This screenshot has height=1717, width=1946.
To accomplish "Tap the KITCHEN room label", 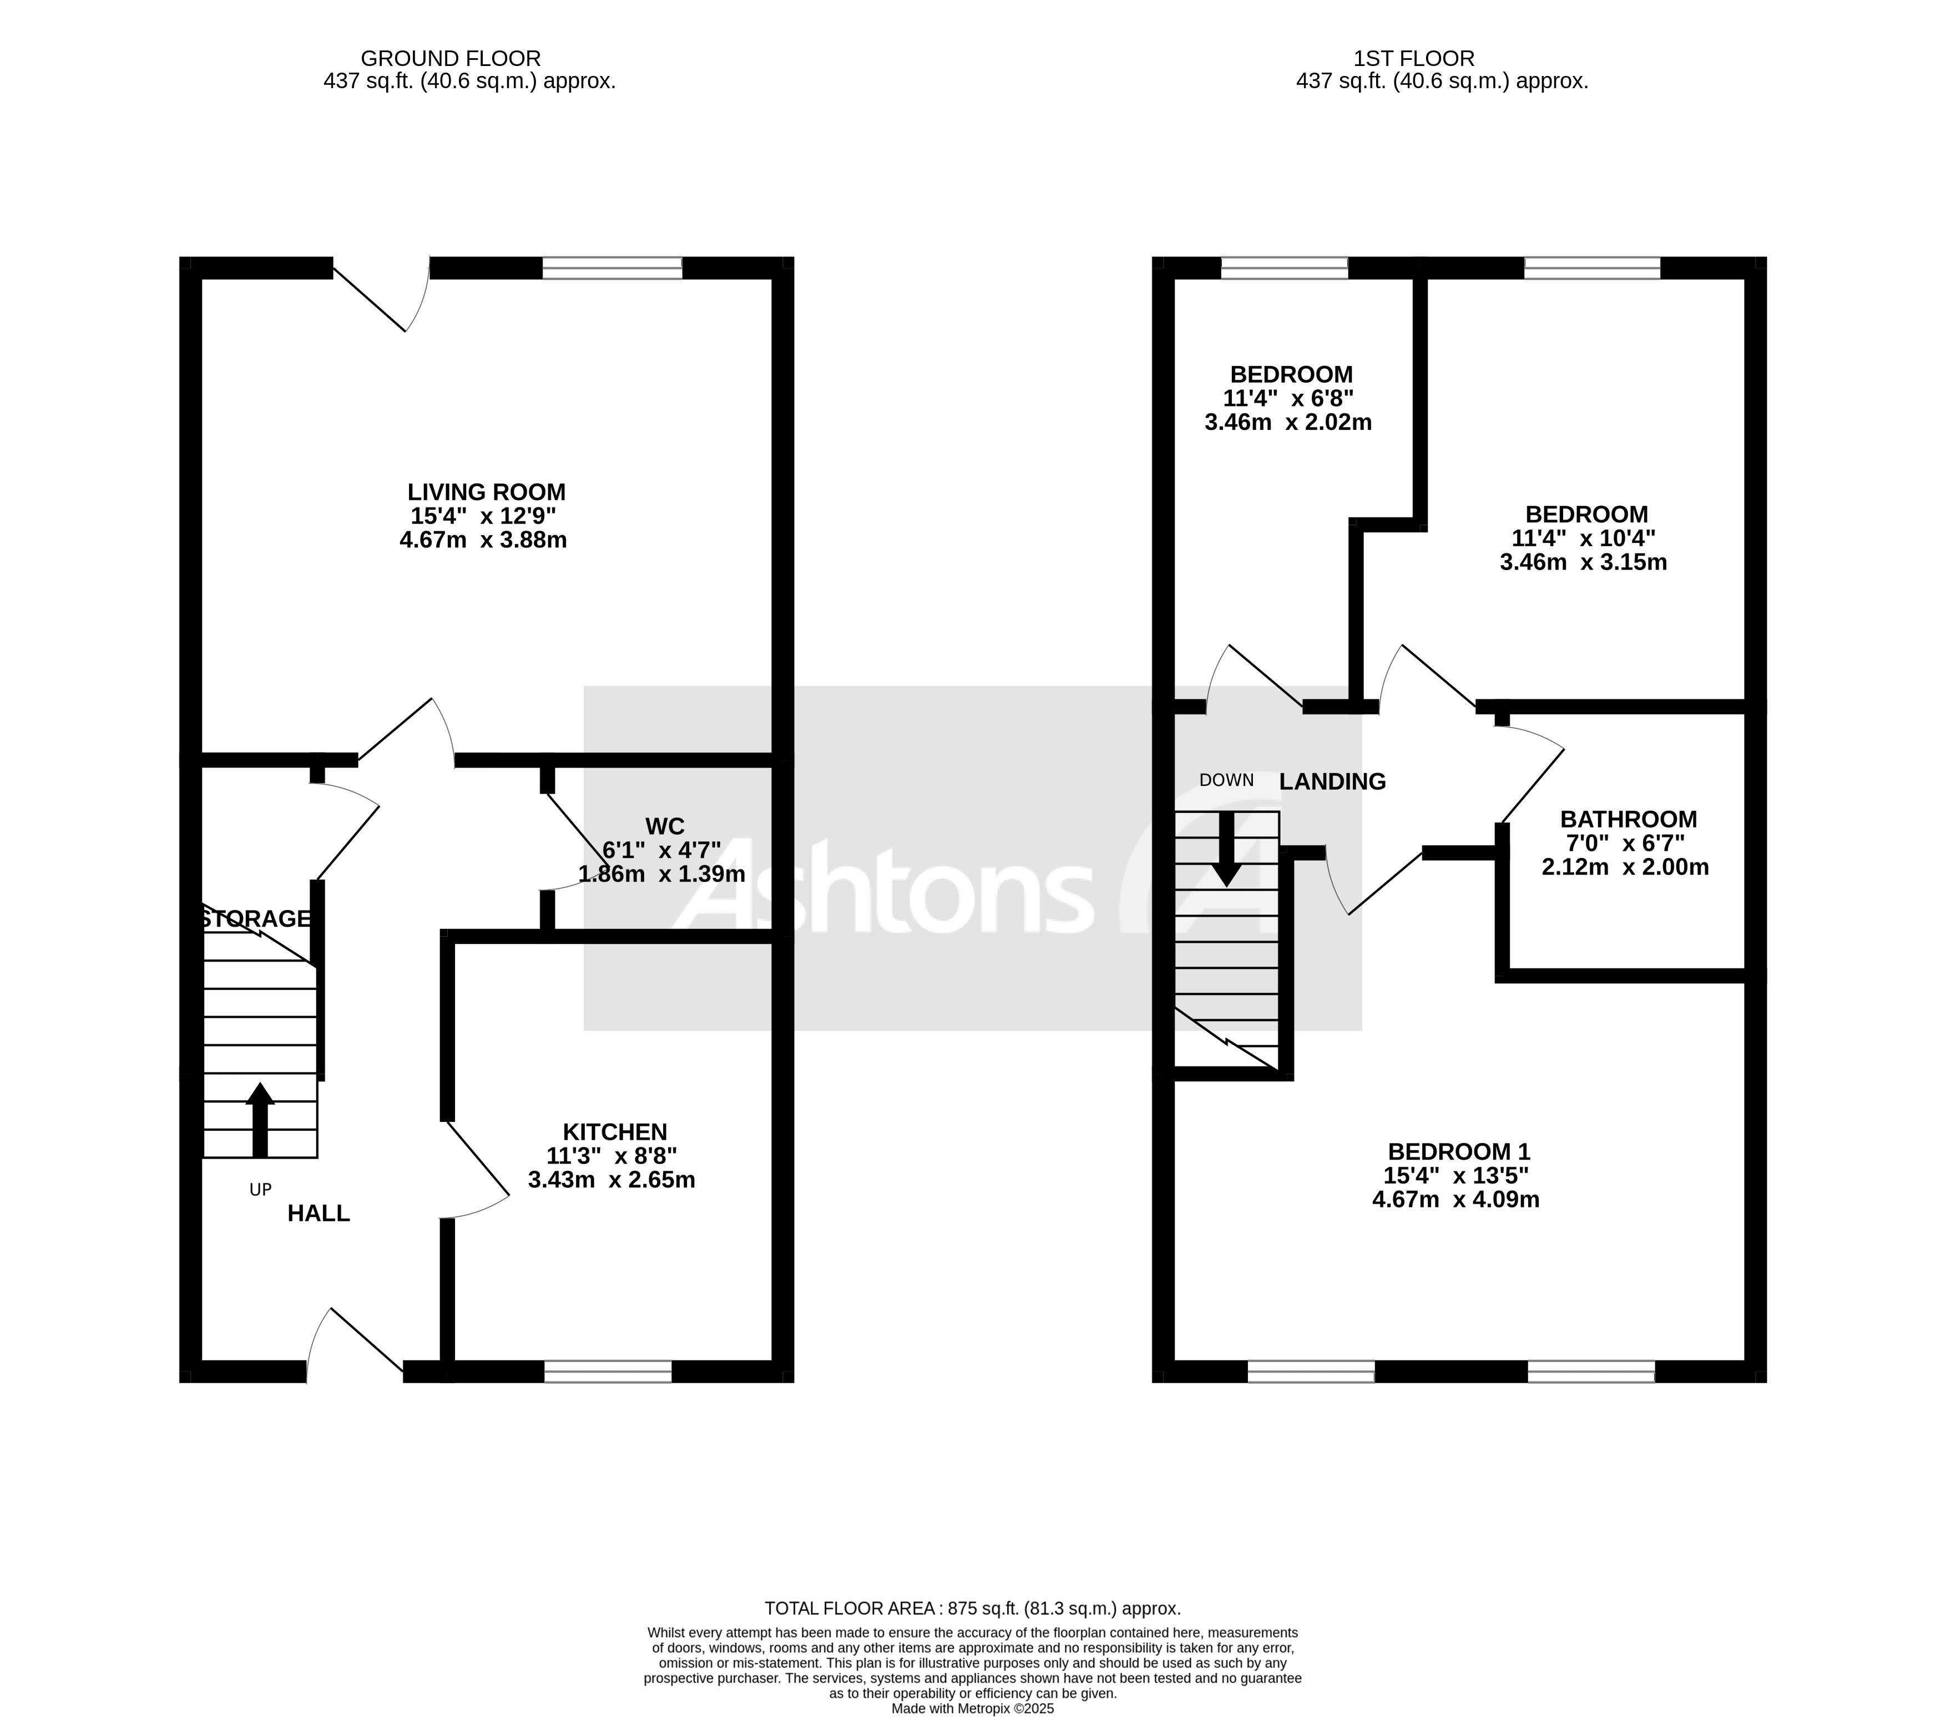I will click(x=614, y=1132).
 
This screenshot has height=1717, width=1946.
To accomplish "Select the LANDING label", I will click(x=1331, y=781).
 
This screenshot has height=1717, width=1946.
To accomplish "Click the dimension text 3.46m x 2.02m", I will click(x=1287, y=423).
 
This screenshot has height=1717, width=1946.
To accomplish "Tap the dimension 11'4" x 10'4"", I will click(x=1583, y=539).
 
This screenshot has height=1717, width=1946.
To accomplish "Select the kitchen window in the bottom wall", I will click(x=608, y=1371).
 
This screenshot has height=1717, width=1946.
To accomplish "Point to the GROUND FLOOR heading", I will click(x=451, y=59).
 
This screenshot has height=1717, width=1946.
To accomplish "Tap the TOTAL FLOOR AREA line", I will click(x=972, y=1608).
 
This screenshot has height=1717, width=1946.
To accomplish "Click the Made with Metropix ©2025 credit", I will click(x=972, y=1709).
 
